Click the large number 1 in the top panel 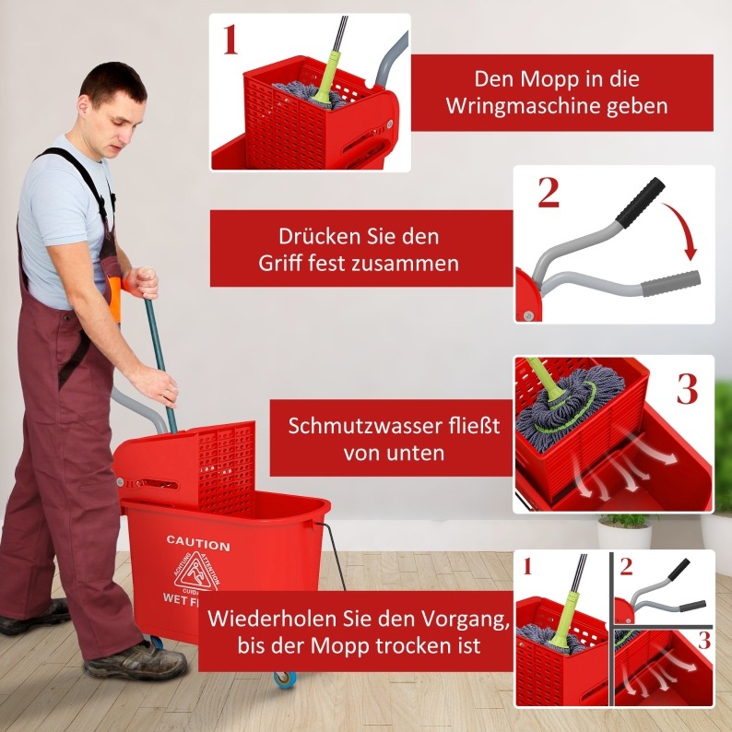pos(230,40)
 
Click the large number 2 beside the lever pos(548,193)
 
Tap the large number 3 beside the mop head pos(687,388)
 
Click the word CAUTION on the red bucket pos(198,543)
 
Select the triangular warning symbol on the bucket pos(196,573)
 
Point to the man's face pos(119,124)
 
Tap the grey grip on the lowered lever pos(670,283)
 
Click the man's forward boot pos(136,660)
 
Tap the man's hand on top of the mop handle pos(141,283)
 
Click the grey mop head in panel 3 pos(569,407)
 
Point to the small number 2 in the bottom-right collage pos(626,566)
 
